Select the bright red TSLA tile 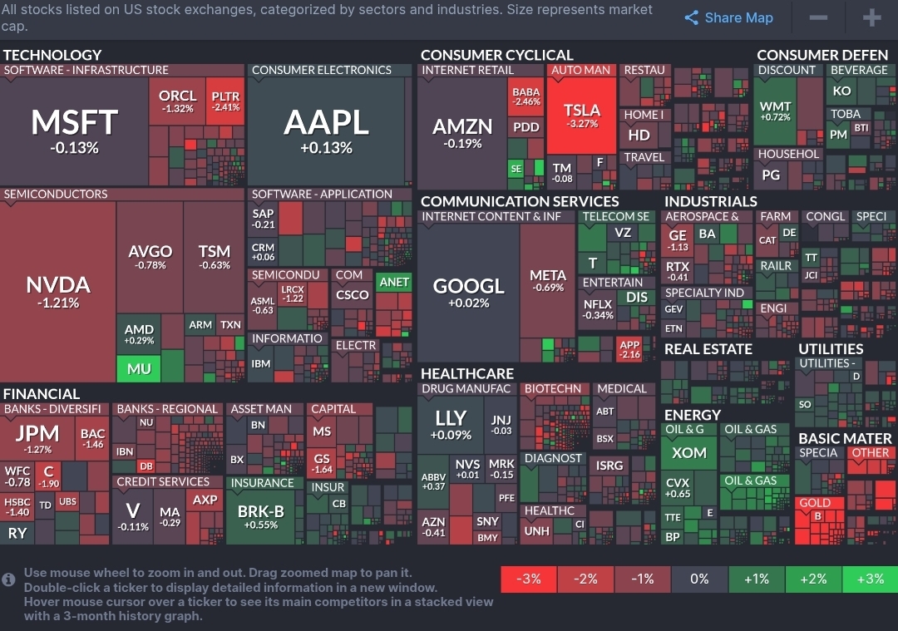[x=581, y=116]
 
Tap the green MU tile [x=139, y=368]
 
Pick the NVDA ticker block [x=58, y=291]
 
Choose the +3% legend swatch [x=870, y=579]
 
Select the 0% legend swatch [x=699, y=579]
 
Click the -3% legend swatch [x=529, y=579]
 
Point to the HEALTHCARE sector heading [x=467, y=373]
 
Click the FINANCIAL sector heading [x=42, y=393]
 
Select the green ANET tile [x=394, y=282]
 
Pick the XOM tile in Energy [x=689, y=453]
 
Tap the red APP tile [x=629, y=349]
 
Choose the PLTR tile [x=226, y=101]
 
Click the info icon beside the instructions [x=9, y=579]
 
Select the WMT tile [x=775, y=111]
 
